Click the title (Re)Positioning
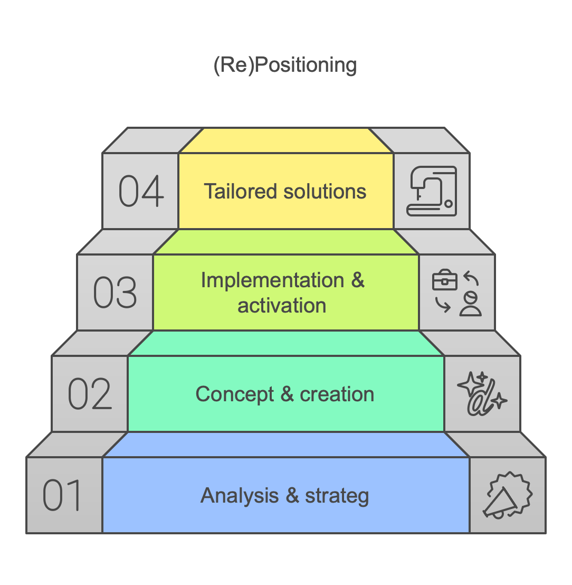tap(285, 65)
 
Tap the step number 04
tap(141, 191)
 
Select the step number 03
tap(115, 292)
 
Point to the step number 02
tap(90, 393)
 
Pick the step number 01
tap(62, 495)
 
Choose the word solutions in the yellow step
tap(325, 192)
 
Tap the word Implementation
tap(273, 280)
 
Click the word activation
tap(282, 306)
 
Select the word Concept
tap(234, 395)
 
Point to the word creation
tap(337, 394)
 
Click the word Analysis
tap(240, 496)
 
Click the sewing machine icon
tap(432, 191)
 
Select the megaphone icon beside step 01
tap(508, 495)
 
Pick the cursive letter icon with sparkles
tap(482, 393)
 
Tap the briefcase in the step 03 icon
tap(444, 280)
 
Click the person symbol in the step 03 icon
tap(471, 304)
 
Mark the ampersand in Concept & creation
tap(287, 394)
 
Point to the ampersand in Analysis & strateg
tap(292, 496)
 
